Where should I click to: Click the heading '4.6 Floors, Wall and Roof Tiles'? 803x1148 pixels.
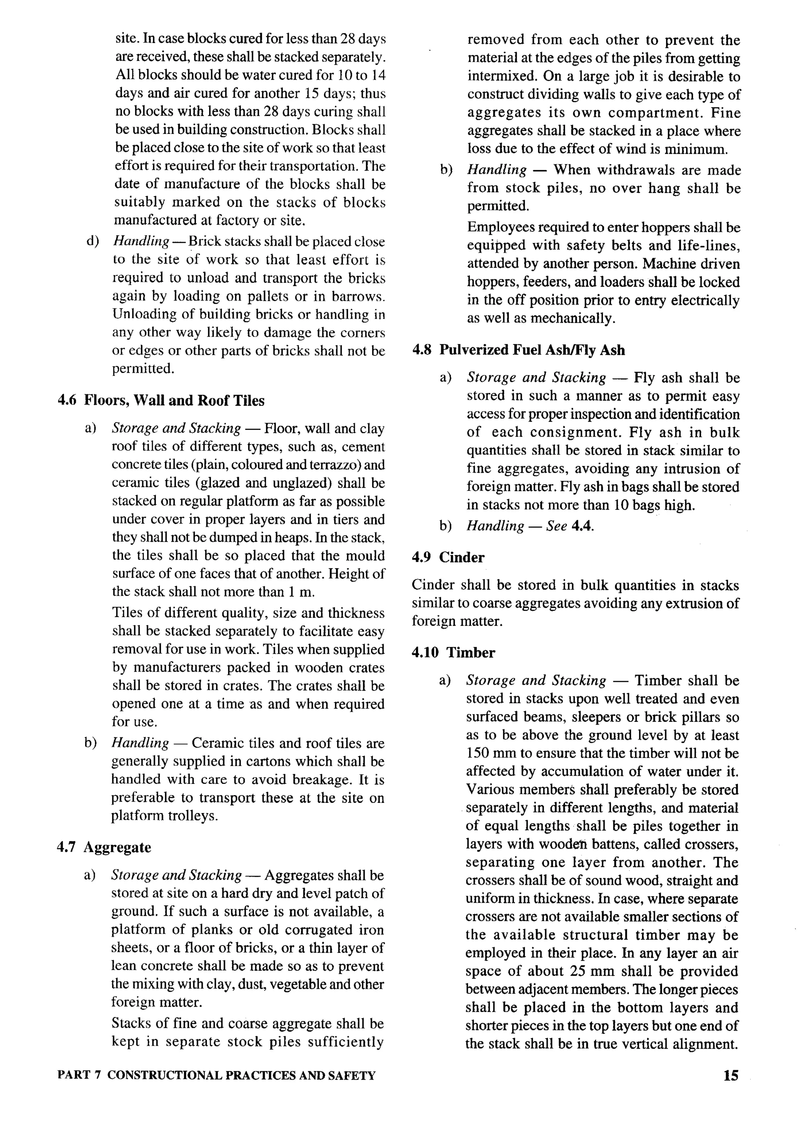161,401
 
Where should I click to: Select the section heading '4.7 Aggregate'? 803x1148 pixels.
104,847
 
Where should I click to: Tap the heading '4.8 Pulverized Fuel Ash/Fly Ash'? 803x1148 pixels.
518,350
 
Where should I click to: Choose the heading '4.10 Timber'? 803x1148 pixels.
453,652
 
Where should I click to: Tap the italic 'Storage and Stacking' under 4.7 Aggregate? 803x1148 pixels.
176,875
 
